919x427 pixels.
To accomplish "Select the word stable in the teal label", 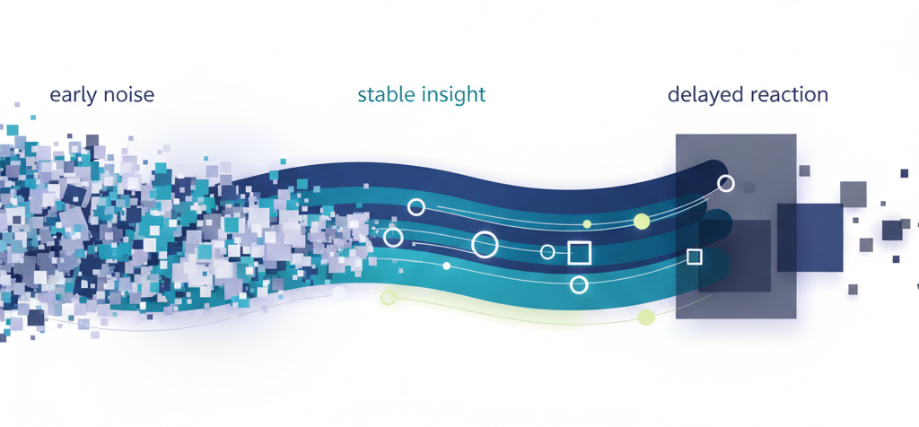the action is coord(383,94).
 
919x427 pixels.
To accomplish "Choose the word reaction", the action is coord(788,95).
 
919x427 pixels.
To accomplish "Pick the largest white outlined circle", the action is coord(485,244).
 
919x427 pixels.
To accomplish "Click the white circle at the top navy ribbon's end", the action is coord(725,183).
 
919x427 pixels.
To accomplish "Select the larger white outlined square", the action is coord(579,253).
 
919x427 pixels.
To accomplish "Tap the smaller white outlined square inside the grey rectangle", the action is coord(695,257).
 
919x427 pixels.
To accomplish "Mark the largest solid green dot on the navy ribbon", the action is coord(642,222).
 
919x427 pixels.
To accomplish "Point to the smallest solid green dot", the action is coord(587,223).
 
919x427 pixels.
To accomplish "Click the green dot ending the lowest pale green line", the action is coord(646,318).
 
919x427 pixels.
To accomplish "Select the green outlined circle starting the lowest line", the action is coord(388,298).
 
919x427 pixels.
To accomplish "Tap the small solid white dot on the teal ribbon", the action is coord(447,266).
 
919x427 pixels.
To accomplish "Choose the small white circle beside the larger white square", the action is coord(547,252).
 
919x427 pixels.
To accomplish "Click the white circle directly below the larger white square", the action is coord(579,284).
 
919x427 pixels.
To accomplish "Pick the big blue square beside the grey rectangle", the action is coord(810,237).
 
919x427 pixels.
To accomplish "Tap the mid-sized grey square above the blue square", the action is coord(853,195).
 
